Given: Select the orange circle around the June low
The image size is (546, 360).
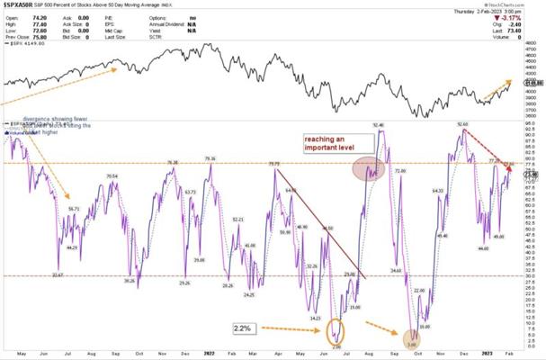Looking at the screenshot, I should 336,332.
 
